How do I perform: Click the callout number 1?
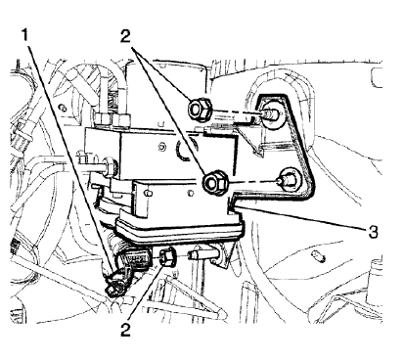24,35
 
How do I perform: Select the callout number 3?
373,232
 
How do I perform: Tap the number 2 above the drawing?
125,36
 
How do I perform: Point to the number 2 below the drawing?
125,330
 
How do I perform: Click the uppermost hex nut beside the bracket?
200,110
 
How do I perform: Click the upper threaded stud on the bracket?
269,113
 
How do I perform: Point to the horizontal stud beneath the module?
203,254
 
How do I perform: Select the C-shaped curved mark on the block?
182,150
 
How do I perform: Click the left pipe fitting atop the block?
103,118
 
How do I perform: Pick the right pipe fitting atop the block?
121,120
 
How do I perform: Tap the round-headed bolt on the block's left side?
110,164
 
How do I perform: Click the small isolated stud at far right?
318,255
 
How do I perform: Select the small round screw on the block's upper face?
162,147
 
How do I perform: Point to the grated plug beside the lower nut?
139,259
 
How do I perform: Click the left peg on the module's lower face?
149,194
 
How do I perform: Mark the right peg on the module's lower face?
191,195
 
